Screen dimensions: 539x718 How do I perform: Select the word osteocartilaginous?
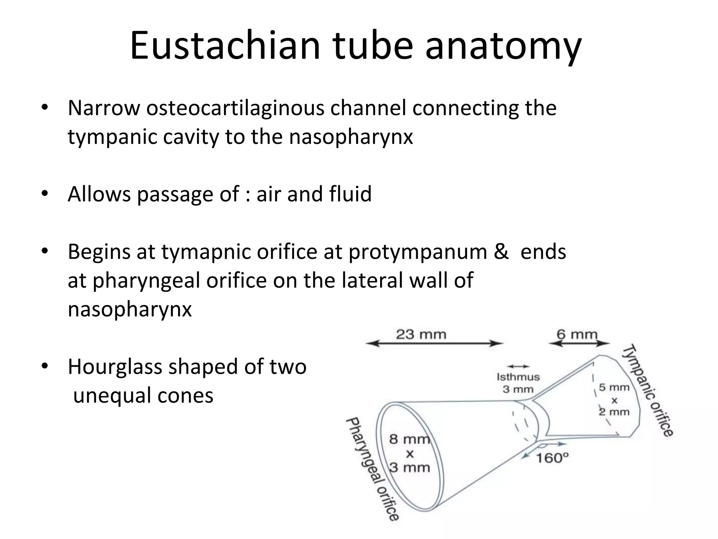235,108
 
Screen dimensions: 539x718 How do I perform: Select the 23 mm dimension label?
421,334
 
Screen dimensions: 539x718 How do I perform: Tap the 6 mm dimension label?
577,334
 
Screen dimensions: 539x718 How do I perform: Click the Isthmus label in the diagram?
518,377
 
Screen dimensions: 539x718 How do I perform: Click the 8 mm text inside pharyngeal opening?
409,439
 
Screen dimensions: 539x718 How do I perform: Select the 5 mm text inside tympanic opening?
614,387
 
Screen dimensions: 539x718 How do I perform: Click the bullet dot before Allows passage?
44,194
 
